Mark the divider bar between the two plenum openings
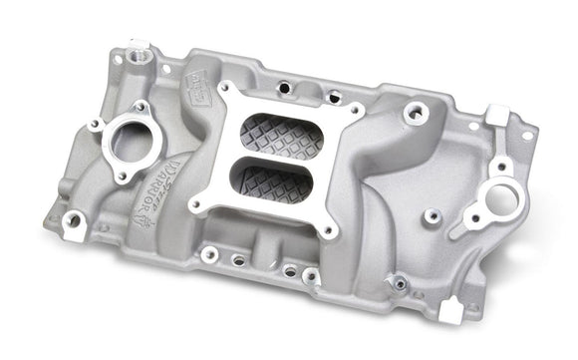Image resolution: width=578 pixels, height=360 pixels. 267,157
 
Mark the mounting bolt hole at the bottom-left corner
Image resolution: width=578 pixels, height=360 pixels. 73,220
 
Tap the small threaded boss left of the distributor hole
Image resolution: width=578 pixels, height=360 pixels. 433,215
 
